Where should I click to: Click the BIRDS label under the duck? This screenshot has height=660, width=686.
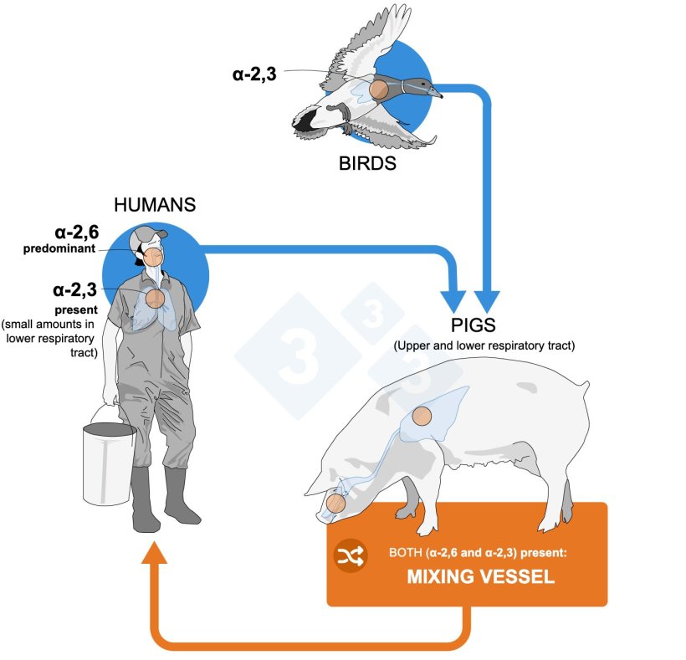click(367, 164)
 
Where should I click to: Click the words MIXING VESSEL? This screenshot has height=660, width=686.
click(466, 577)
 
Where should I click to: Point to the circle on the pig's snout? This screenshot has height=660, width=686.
click(336, 504)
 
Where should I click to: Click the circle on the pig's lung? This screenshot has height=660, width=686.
click(422, 416)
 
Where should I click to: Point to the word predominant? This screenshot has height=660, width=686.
click(64, 249)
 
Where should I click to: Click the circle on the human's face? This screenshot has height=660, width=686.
click(153, 257)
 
